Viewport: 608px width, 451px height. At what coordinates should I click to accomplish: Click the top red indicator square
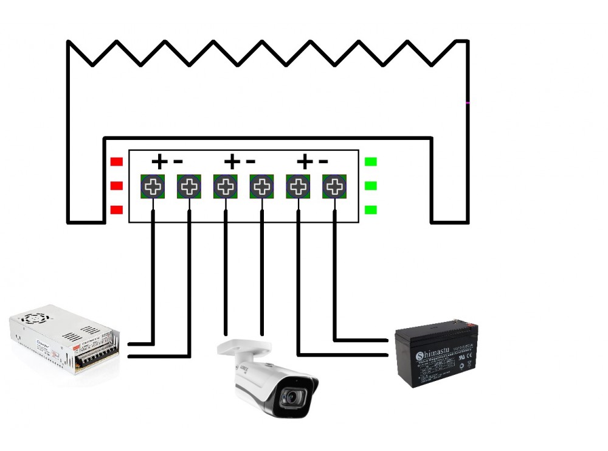(116, 162)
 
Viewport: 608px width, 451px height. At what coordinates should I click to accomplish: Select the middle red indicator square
(116, 186)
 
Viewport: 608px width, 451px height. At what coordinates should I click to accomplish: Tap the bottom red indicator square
(116, 210)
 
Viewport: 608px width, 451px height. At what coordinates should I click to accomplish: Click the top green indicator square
(370, 162)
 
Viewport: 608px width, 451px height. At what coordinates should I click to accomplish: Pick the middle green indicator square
(370, 186)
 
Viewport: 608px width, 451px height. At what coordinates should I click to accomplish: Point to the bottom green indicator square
(370, 210)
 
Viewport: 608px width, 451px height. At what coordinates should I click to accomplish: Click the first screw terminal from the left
(153, 186)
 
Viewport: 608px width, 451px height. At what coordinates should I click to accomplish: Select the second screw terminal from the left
(189, 186)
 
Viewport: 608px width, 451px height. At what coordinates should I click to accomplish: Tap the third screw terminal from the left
(226, 186)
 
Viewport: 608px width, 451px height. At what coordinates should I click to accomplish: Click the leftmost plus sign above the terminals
(159, 162)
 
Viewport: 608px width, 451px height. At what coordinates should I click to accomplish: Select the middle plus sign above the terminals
(232, 162)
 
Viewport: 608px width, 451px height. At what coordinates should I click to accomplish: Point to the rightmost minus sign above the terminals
(323, 162)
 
